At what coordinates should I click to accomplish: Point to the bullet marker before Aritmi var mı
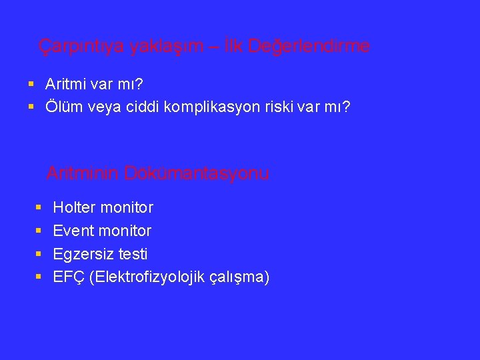click(x=31, y=85)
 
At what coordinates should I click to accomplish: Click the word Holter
click(x=74, y=208)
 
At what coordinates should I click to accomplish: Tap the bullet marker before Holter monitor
click(x=39, y=208)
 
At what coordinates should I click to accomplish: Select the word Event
click(x=73, y=231)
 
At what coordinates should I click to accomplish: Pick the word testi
click(x=133, y=254)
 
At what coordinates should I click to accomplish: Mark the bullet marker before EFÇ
click(x=39, y=277)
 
